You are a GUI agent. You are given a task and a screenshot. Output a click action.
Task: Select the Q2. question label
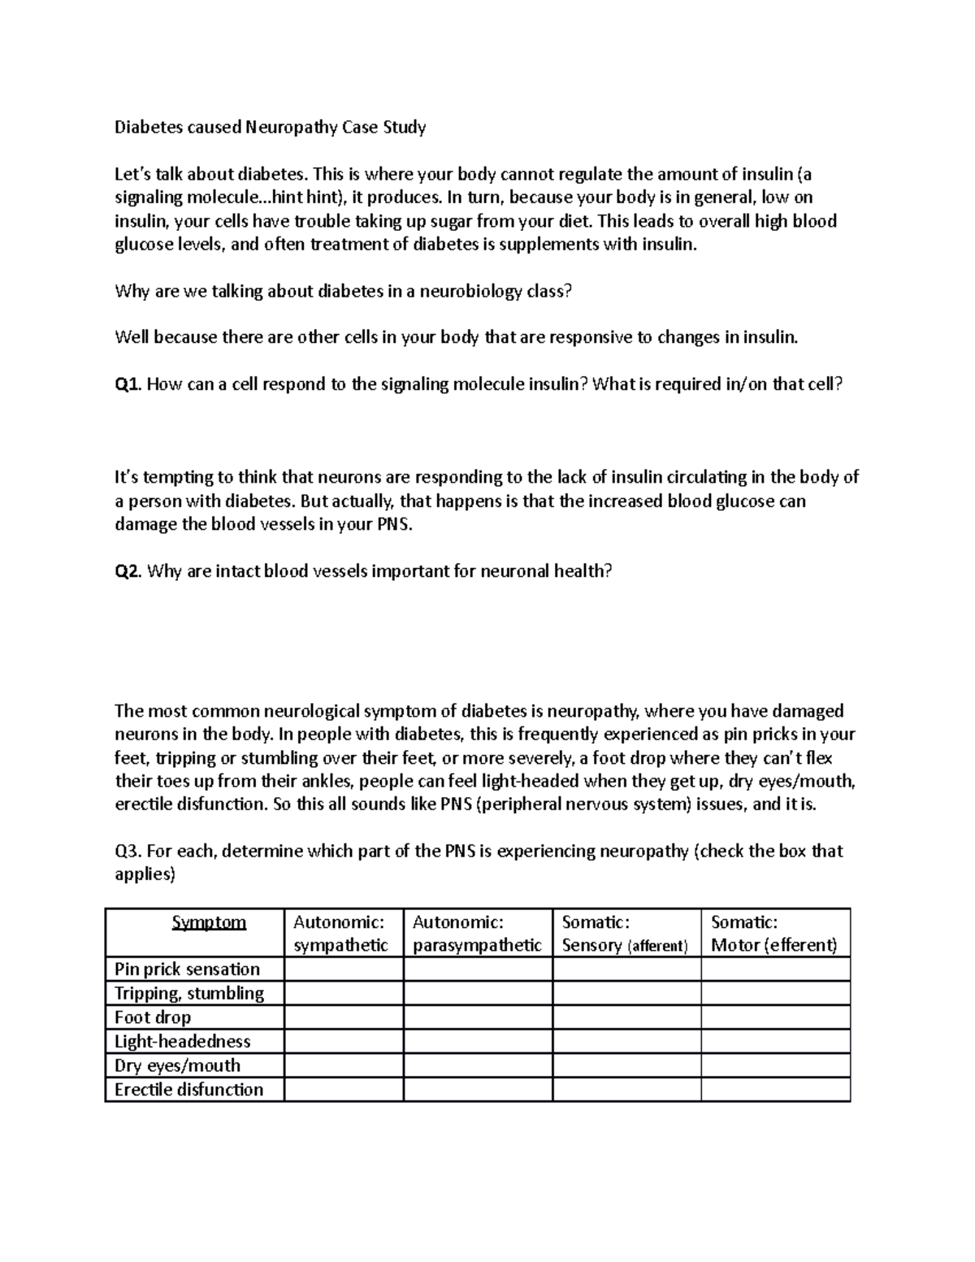point(129,571)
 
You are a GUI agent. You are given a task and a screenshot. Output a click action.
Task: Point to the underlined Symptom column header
point(209,922)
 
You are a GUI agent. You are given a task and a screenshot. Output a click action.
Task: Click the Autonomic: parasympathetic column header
point(477,933)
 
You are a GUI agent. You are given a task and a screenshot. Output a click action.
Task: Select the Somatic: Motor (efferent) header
point(773,933)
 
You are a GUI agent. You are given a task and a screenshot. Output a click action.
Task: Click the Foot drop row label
point(153,1017)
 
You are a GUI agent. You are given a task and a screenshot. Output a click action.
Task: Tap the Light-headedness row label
point(182,1041)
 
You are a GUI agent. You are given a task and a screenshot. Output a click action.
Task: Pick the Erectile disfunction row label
point(188,1090)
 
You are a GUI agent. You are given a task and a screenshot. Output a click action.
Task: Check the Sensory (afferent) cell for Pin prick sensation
point(626,969)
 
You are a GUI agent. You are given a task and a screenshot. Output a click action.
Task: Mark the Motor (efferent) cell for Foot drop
point(775,1017)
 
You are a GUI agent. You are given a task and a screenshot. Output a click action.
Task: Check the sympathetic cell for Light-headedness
point(344,1041)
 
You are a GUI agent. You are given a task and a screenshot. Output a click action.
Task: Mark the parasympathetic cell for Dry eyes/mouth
point(478,1065)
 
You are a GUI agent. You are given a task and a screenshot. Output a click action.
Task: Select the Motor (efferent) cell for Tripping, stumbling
point(775,993)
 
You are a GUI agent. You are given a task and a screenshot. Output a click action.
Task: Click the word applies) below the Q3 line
point(145,874)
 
